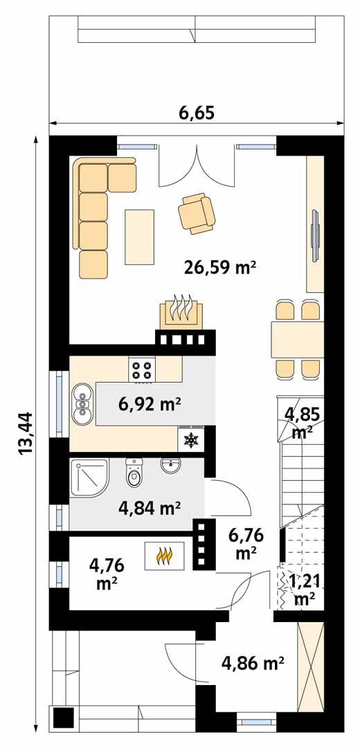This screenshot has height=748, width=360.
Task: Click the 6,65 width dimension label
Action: [x=197, y=113]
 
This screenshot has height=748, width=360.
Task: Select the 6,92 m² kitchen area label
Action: [x=150, y=405]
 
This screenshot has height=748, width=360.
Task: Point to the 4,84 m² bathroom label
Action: [x=150, y=509]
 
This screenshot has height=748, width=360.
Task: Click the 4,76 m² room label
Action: [x=107, y=574]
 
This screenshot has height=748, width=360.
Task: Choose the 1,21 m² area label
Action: [x=302, y=589]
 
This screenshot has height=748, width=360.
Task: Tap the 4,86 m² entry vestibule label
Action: [x=253, y=662]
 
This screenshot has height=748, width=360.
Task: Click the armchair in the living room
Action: [x=197, y=213]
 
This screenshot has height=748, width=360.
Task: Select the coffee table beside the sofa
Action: [x=139, y=237]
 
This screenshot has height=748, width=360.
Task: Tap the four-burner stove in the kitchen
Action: [x=142, y=370]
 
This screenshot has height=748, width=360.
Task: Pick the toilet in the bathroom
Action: [x=134, y=473]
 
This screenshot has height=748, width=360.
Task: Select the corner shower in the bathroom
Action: [x=89, y=477]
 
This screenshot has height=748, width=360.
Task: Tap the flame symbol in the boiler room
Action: [x=165, y=556]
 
